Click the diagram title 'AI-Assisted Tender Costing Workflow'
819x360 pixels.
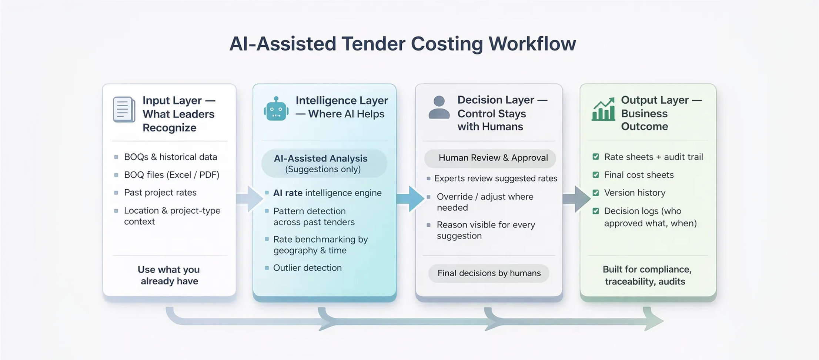(x=402, y=44)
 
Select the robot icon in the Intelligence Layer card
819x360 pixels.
(x=276, y=109)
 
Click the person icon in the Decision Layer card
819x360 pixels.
(x=439, y=107)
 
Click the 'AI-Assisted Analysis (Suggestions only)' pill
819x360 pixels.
(x=324, y=163)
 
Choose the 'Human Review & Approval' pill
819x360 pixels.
(x=490, y=158)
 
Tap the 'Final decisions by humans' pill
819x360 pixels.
(x=489, y=273)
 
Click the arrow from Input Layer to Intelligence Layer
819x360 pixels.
(x=250, y=199)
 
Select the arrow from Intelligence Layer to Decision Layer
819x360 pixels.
(x=410, y=199)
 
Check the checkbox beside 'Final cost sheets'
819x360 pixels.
(x=596, y=175)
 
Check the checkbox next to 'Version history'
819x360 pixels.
(x=596, y=193)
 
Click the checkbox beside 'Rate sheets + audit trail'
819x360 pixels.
(x=596, y=157)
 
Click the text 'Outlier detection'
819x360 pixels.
(x=307, y=268)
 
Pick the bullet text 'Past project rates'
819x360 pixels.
(x=160, y=193)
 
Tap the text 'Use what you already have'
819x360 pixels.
(x=169, y=275)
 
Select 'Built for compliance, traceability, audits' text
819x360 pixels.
(x=647, y=275)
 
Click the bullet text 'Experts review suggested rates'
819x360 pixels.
(x=496, y=179)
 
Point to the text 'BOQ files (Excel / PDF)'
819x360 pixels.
(x=172, y=175)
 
